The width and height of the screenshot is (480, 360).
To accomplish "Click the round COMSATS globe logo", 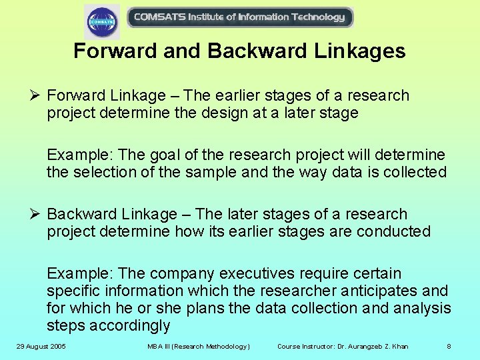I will click(x=102, y=21).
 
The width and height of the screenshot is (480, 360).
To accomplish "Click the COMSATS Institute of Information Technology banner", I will click(x=239, y=17).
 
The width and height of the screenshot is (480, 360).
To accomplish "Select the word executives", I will click(x=259, y=274).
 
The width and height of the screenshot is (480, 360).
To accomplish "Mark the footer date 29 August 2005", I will click(x=41, y=347).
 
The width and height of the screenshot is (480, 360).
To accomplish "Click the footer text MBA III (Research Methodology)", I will click(x=199, y=347).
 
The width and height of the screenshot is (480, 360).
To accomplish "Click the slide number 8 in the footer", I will click(x=449, y=347).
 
